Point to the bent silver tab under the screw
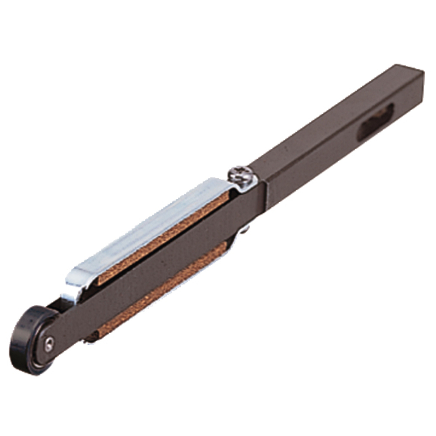tap(246, 185)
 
